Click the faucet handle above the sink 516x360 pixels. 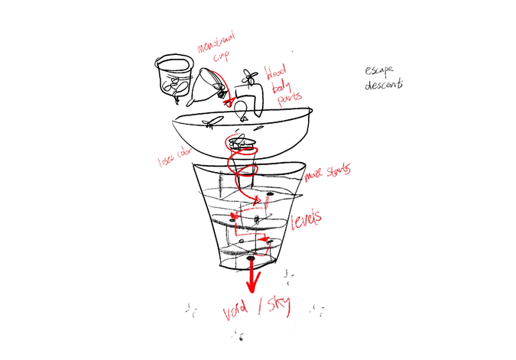(248, 76)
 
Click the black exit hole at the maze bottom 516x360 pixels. (252, 261)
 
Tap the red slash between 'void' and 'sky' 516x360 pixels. (261, 309)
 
